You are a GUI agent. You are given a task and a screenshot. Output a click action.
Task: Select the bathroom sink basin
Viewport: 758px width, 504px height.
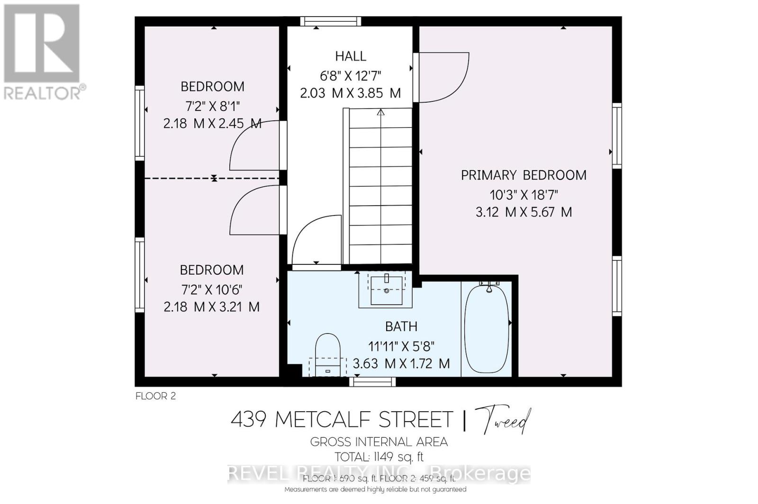pos(387,290)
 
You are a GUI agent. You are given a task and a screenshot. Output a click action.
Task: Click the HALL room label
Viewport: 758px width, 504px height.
pos(351,56)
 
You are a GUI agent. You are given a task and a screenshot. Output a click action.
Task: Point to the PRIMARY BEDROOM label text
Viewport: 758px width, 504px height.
pos(523,175)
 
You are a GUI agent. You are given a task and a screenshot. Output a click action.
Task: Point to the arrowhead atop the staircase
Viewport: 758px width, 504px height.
pos(380,113)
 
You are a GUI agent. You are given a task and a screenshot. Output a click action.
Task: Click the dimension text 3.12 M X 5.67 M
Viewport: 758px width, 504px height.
pos(523,212)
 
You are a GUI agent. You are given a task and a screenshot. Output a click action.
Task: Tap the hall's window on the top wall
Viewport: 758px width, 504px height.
pos(330,21)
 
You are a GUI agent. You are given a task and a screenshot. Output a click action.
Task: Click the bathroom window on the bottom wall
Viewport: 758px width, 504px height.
pos(372,382)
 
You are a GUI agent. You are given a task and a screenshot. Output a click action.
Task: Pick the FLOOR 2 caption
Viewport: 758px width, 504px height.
pos(155,396)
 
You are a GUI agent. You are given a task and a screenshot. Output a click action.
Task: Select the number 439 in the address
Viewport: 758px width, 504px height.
pos(248,420)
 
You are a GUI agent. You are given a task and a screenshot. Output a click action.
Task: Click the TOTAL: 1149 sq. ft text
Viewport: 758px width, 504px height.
pos(379,457)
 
